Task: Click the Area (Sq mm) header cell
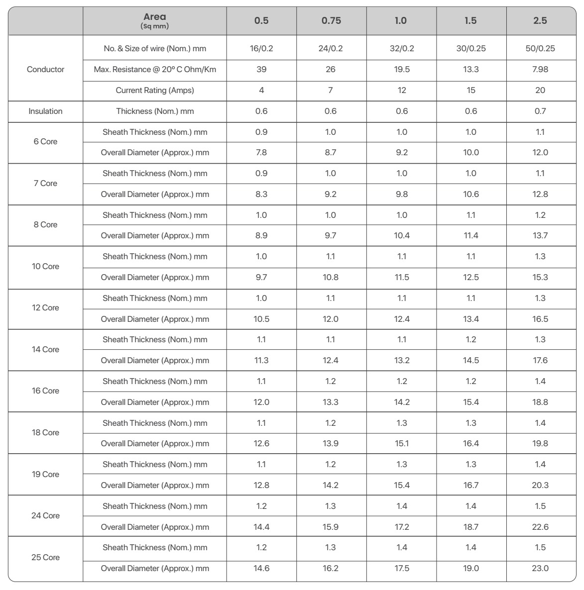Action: pyautogui.click(x=154, y=21)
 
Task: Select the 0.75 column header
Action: pyautogui.click(x=331, y=21)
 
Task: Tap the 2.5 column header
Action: pyautogui.click(x=540, y=21)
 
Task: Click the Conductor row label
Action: pyautogui.click(x=45, y=70)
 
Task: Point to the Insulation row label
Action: pyautogui.click(x=45, y=111)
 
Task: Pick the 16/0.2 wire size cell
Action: pyautogui.click(x=261, y=49)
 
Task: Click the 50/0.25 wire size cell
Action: pyautogui.click(x=540, y=49)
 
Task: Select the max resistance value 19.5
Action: pyautogui.click(x=402, y=70)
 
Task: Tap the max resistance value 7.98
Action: pyautogui.click(x=540, y=70)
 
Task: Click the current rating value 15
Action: pyautogui.click(x=471, y=91)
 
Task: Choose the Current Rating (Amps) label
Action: pyautogui.click(x=155, y=91)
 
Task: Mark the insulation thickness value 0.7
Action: pyautogui.click(x=540, y=111)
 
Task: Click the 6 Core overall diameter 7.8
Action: pyautogui.click(x=261, y=153)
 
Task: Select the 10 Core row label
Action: pyautogui.click(x=45, y=267)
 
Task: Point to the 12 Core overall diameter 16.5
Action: pyautogui.click(x=540, y=319)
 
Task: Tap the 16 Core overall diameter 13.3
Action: pyautogui.click(x=331, y=402)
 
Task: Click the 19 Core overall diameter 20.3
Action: pyautogui.click(x=540, y=486)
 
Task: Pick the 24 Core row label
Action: pyautogui.click(x=45, y=516)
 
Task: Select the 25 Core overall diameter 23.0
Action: pyautogui.click(x=540, y=569)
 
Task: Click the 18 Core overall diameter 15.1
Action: pyautogui.click(x=402, y=444)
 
